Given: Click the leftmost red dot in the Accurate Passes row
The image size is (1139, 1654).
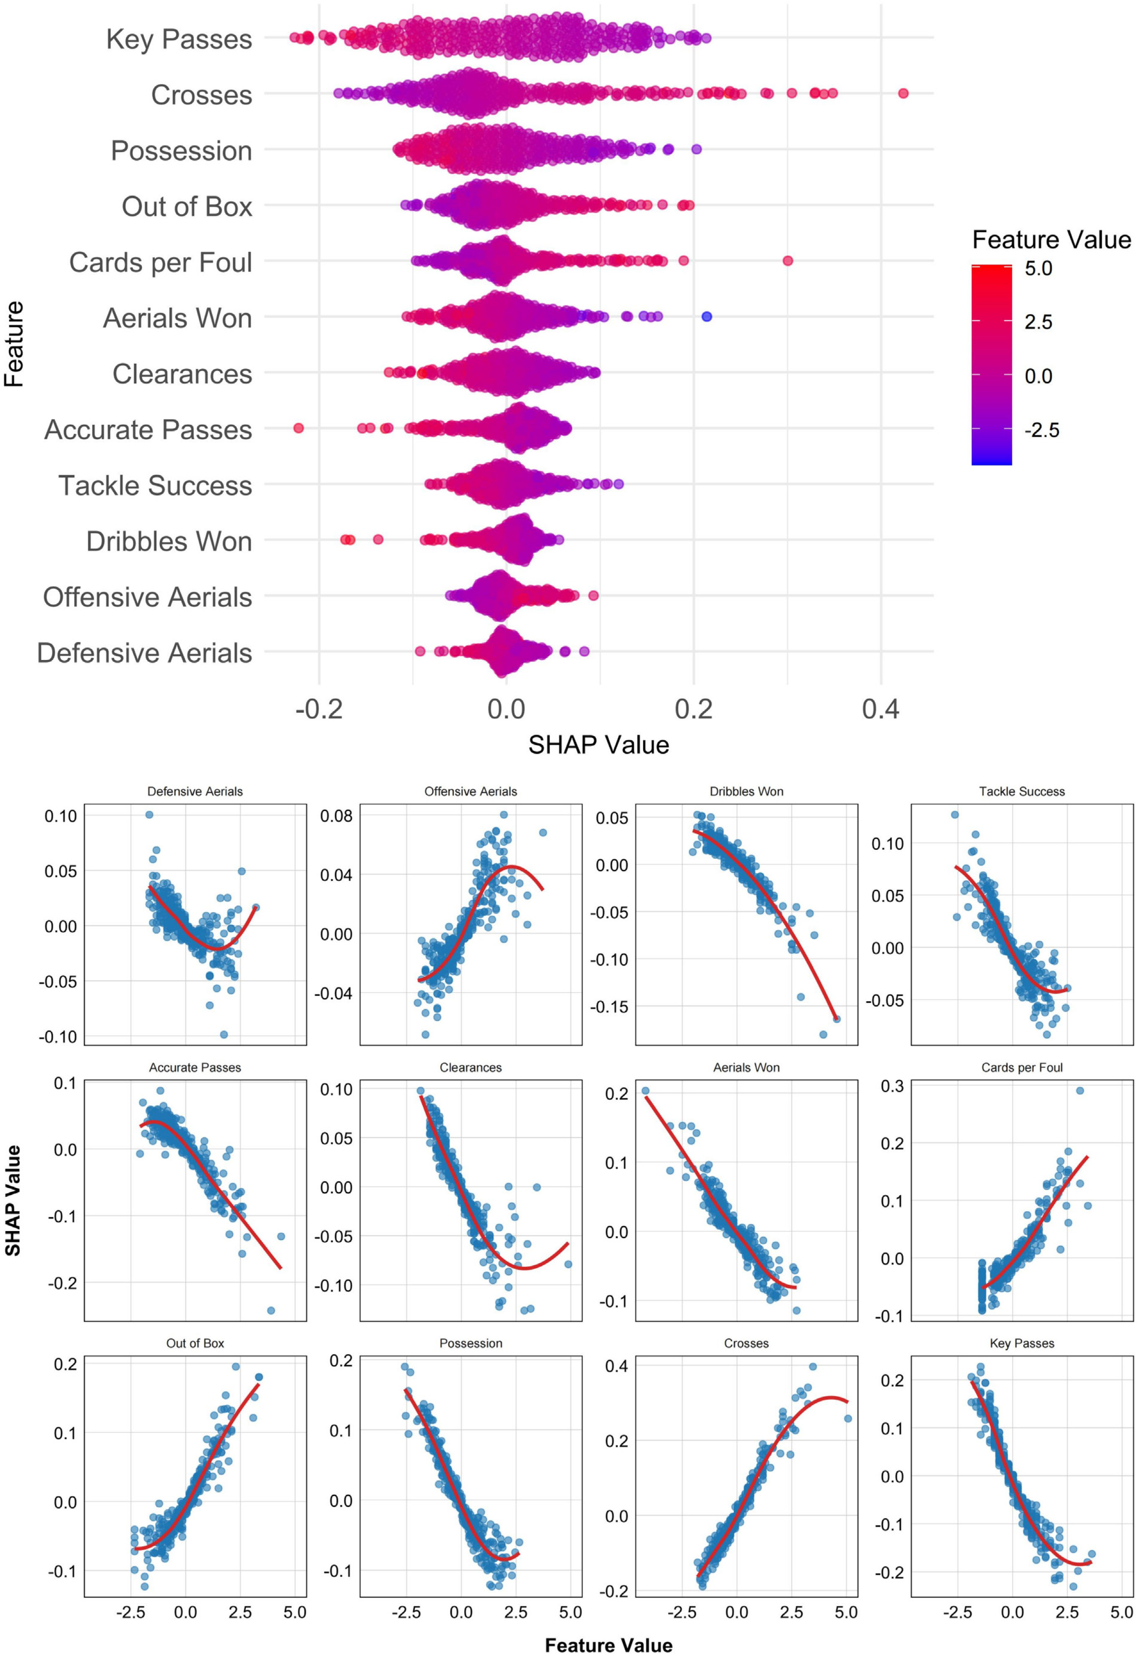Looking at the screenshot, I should click(298, 428).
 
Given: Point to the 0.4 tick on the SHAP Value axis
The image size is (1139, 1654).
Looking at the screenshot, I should click(881, 709).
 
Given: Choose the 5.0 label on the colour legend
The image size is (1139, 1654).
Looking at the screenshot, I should click(1038, 268).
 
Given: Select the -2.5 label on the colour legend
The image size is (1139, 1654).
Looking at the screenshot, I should click(1041, 430).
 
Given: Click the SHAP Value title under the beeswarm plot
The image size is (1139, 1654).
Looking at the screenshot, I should click(598, 745).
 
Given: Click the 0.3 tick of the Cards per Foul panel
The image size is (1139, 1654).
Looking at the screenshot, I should click(891, 1086).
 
